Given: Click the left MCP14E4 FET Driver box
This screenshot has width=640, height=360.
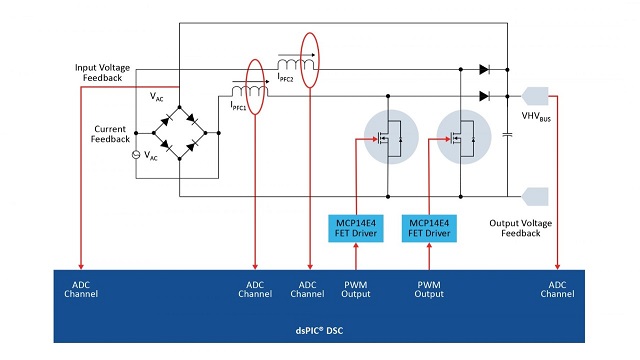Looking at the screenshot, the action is [356, 228].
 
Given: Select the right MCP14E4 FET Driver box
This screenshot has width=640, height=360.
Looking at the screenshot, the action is [429, 228].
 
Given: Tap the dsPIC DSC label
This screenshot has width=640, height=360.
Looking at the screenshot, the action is [319, 330].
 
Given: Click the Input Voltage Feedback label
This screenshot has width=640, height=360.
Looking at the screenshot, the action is [102, 73].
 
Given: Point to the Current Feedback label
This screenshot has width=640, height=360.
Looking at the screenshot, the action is [110, 134].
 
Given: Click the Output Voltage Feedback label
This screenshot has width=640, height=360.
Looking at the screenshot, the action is [520, 228].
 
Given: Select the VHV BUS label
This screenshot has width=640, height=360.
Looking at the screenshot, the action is [536, 117].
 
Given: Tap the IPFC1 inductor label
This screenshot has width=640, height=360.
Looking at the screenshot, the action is [238, 106].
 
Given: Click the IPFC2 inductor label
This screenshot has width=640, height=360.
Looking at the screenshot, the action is [285, 77].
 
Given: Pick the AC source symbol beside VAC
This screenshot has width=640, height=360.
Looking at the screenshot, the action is [136, 155].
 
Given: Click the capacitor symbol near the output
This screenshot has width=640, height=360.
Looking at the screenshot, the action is [507, 135].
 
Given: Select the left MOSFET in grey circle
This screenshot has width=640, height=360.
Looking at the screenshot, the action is [391, 137].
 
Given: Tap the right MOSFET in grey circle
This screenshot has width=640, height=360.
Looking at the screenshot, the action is [464, 137].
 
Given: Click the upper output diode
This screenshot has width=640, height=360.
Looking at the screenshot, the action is [484, 69].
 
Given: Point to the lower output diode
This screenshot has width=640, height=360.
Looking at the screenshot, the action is [484, 96].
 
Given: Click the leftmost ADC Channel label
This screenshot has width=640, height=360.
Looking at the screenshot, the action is [81, 289].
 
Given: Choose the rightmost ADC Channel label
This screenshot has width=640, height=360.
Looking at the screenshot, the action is [557, 289].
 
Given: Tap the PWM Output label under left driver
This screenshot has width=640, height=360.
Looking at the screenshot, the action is [356, 289].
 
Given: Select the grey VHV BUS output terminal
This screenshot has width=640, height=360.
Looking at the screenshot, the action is [535, 96].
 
